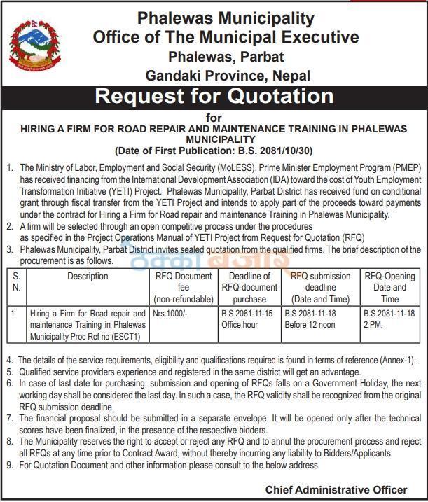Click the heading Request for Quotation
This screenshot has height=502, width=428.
coord(214,96)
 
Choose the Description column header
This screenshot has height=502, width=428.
coord(88,277)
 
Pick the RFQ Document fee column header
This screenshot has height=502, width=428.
coord(183,287)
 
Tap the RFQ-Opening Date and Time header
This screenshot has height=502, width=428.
coord(389,287)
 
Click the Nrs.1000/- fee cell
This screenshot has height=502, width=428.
coord(170,314)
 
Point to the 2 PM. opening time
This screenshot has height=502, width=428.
coord(373,325)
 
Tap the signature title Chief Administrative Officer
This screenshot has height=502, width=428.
coord(336,489)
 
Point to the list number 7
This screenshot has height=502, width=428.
coord(10,418)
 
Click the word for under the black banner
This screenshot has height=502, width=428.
coord(214,116)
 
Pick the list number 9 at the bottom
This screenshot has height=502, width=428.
coord(10,465)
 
